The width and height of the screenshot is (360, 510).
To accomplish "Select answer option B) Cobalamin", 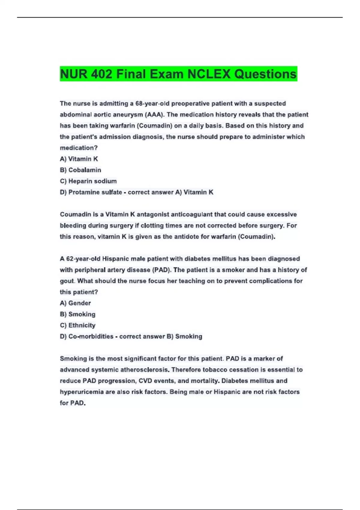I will (80, 170).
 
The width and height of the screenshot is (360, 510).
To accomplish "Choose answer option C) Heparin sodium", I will (88, 181).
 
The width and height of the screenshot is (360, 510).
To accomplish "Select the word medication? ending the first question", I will (79, 148).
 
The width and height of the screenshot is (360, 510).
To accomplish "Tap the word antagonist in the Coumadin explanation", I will (153, 214).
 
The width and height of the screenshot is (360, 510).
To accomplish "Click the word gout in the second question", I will (67, 281).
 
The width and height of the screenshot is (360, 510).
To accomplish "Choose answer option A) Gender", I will (75, 303).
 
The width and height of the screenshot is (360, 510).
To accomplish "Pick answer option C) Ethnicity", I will (77, 325).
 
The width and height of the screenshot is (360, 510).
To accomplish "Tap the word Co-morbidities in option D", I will (91, 337).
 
